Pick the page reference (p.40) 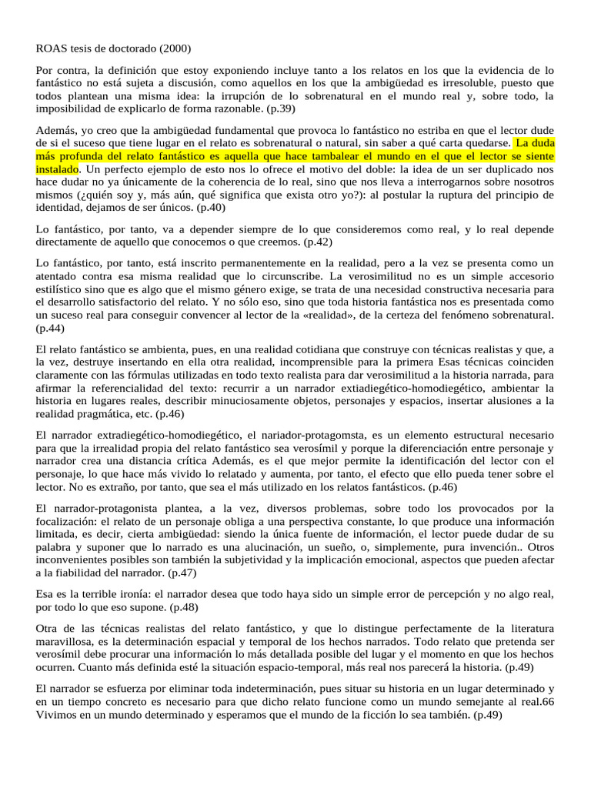[x=213, y=208]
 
